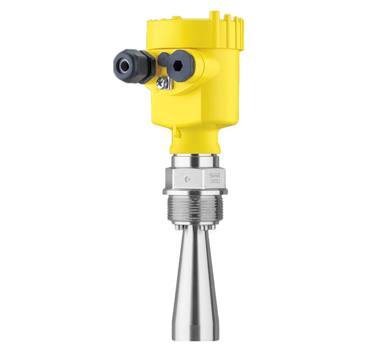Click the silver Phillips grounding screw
(x=161, y=82)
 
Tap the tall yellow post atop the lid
(x=214, y=15)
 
